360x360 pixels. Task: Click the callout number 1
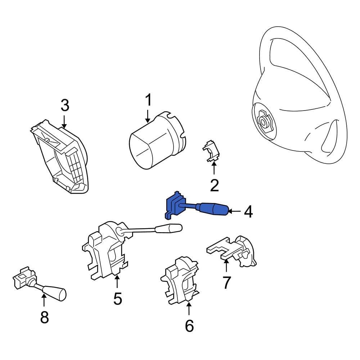[149, 100]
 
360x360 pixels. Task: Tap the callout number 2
[215, 185]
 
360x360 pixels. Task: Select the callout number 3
[65, 105]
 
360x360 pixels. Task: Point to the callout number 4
[248, 212]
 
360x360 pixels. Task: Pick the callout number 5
[118, 298]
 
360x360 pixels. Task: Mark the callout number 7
[226, 283]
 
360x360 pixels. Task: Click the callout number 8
[45, 317]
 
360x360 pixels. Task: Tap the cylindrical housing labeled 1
[157, 140]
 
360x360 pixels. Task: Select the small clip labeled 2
[211, 151]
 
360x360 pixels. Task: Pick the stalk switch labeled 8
[39, 283]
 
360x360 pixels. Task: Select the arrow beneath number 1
[148, 116]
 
